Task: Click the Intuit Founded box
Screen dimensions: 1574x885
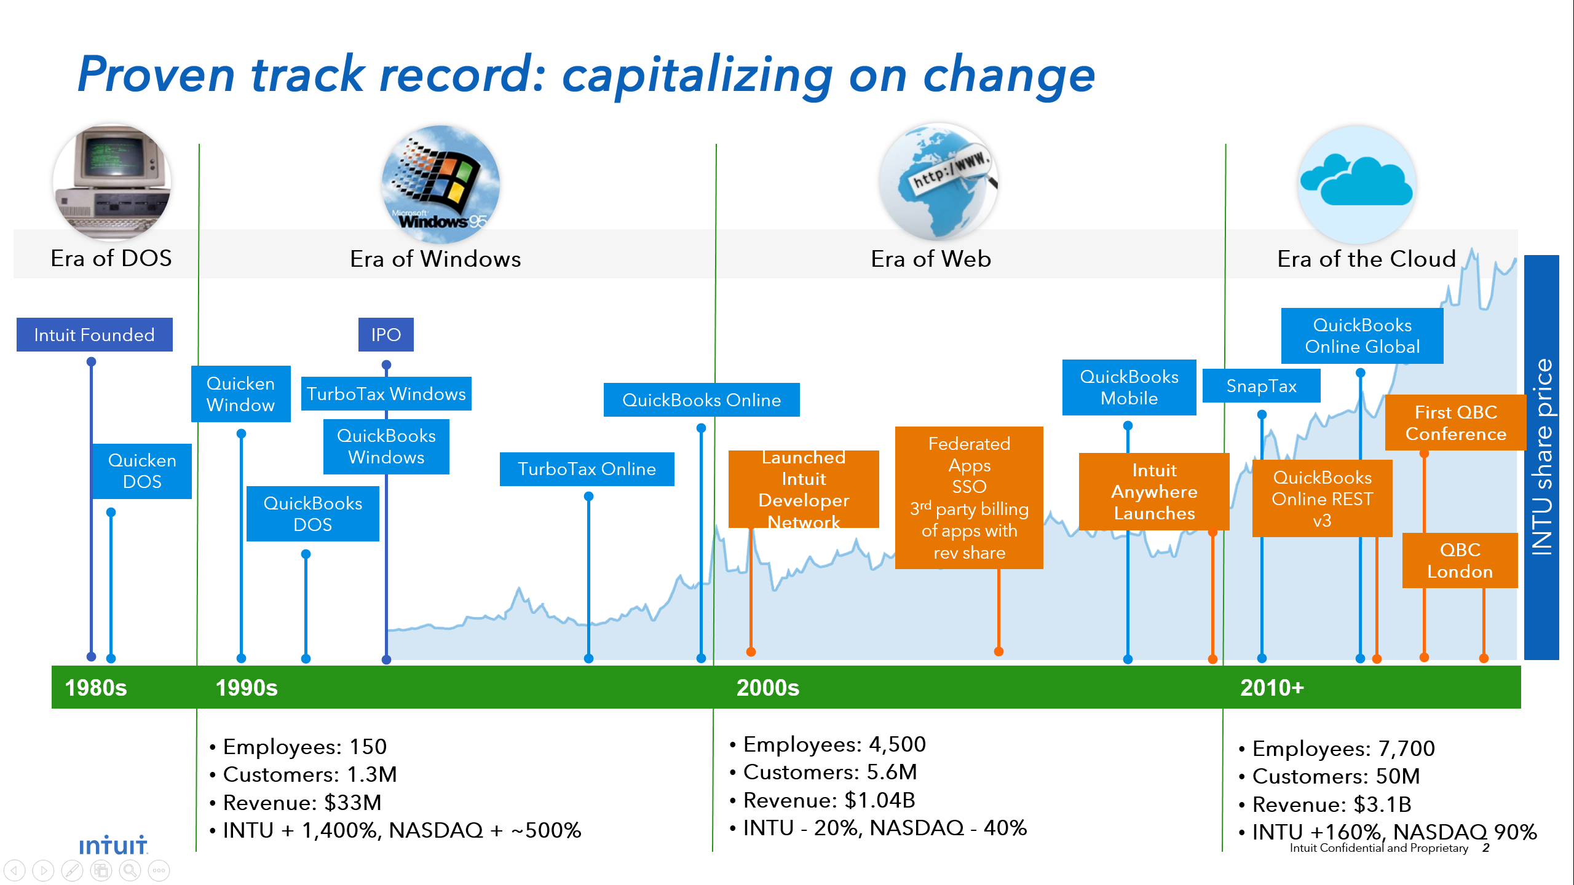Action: click(x=94, y=334)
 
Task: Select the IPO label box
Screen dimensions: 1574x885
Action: click(x=386, y=334)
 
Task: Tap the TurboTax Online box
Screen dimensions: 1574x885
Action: click(x=587, y=469)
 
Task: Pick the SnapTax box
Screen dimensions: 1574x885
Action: click(x=1261, y=385)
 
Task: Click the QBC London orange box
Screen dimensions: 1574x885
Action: click(x=1460, y=560)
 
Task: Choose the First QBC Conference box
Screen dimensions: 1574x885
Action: click(x=1455, y=422)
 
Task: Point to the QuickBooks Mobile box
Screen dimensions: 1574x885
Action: click(x=1129, y=387)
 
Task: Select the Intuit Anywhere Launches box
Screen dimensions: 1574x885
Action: click(x=1154, y=492)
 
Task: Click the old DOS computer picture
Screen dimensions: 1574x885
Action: click(x=112, y=182)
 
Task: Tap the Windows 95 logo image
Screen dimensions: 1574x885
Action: click(x=441, y=184)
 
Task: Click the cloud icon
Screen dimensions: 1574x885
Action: click(x=1357, y=184)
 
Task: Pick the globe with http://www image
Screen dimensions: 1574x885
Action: click(x=938, y=181)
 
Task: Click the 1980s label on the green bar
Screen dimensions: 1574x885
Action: click(x=96, y=688)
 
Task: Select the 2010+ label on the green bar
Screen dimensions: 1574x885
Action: click(x=1272, y=688)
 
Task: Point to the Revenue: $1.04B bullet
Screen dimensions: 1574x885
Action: click(x=823, y=800)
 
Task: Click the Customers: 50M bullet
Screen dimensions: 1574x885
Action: click(x=1330, y=776)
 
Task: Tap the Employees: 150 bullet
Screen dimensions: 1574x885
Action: click(x=298, y=747)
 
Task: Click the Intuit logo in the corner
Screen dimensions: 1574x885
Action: click(x=113, y=845)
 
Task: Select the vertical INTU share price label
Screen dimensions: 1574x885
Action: click(x=1541, y=457)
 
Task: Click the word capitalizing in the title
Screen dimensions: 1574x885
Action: click(x=697, y=75)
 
